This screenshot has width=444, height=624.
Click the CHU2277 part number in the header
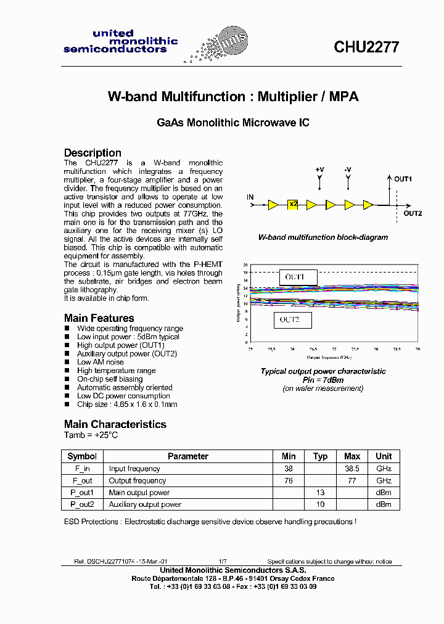(366, 47)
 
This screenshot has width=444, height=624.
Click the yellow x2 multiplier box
(292, 204)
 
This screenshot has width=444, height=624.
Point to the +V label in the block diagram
(319, 170)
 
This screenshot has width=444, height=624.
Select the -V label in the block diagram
(348, 170)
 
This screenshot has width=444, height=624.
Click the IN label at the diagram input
(250, 197)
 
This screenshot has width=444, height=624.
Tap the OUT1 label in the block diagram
(403, 179)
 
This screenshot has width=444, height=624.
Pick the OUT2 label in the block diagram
(413, 213)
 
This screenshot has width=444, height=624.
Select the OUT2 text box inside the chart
(292, 319)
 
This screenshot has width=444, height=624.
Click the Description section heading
(92, 153)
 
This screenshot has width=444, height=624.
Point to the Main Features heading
(99, 318)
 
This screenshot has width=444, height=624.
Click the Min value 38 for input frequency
(289, 469)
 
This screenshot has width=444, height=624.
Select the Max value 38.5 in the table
(352, 469)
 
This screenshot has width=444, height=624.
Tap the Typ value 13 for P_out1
(321, 493)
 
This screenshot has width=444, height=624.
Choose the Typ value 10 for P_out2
(321, 504)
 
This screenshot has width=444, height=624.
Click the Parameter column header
(188, 456)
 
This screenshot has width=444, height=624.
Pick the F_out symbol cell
(82, 480)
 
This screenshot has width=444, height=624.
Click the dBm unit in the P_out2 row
(384, 504)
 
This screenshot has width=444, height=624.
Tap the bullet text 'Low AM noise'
(100, 362)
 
